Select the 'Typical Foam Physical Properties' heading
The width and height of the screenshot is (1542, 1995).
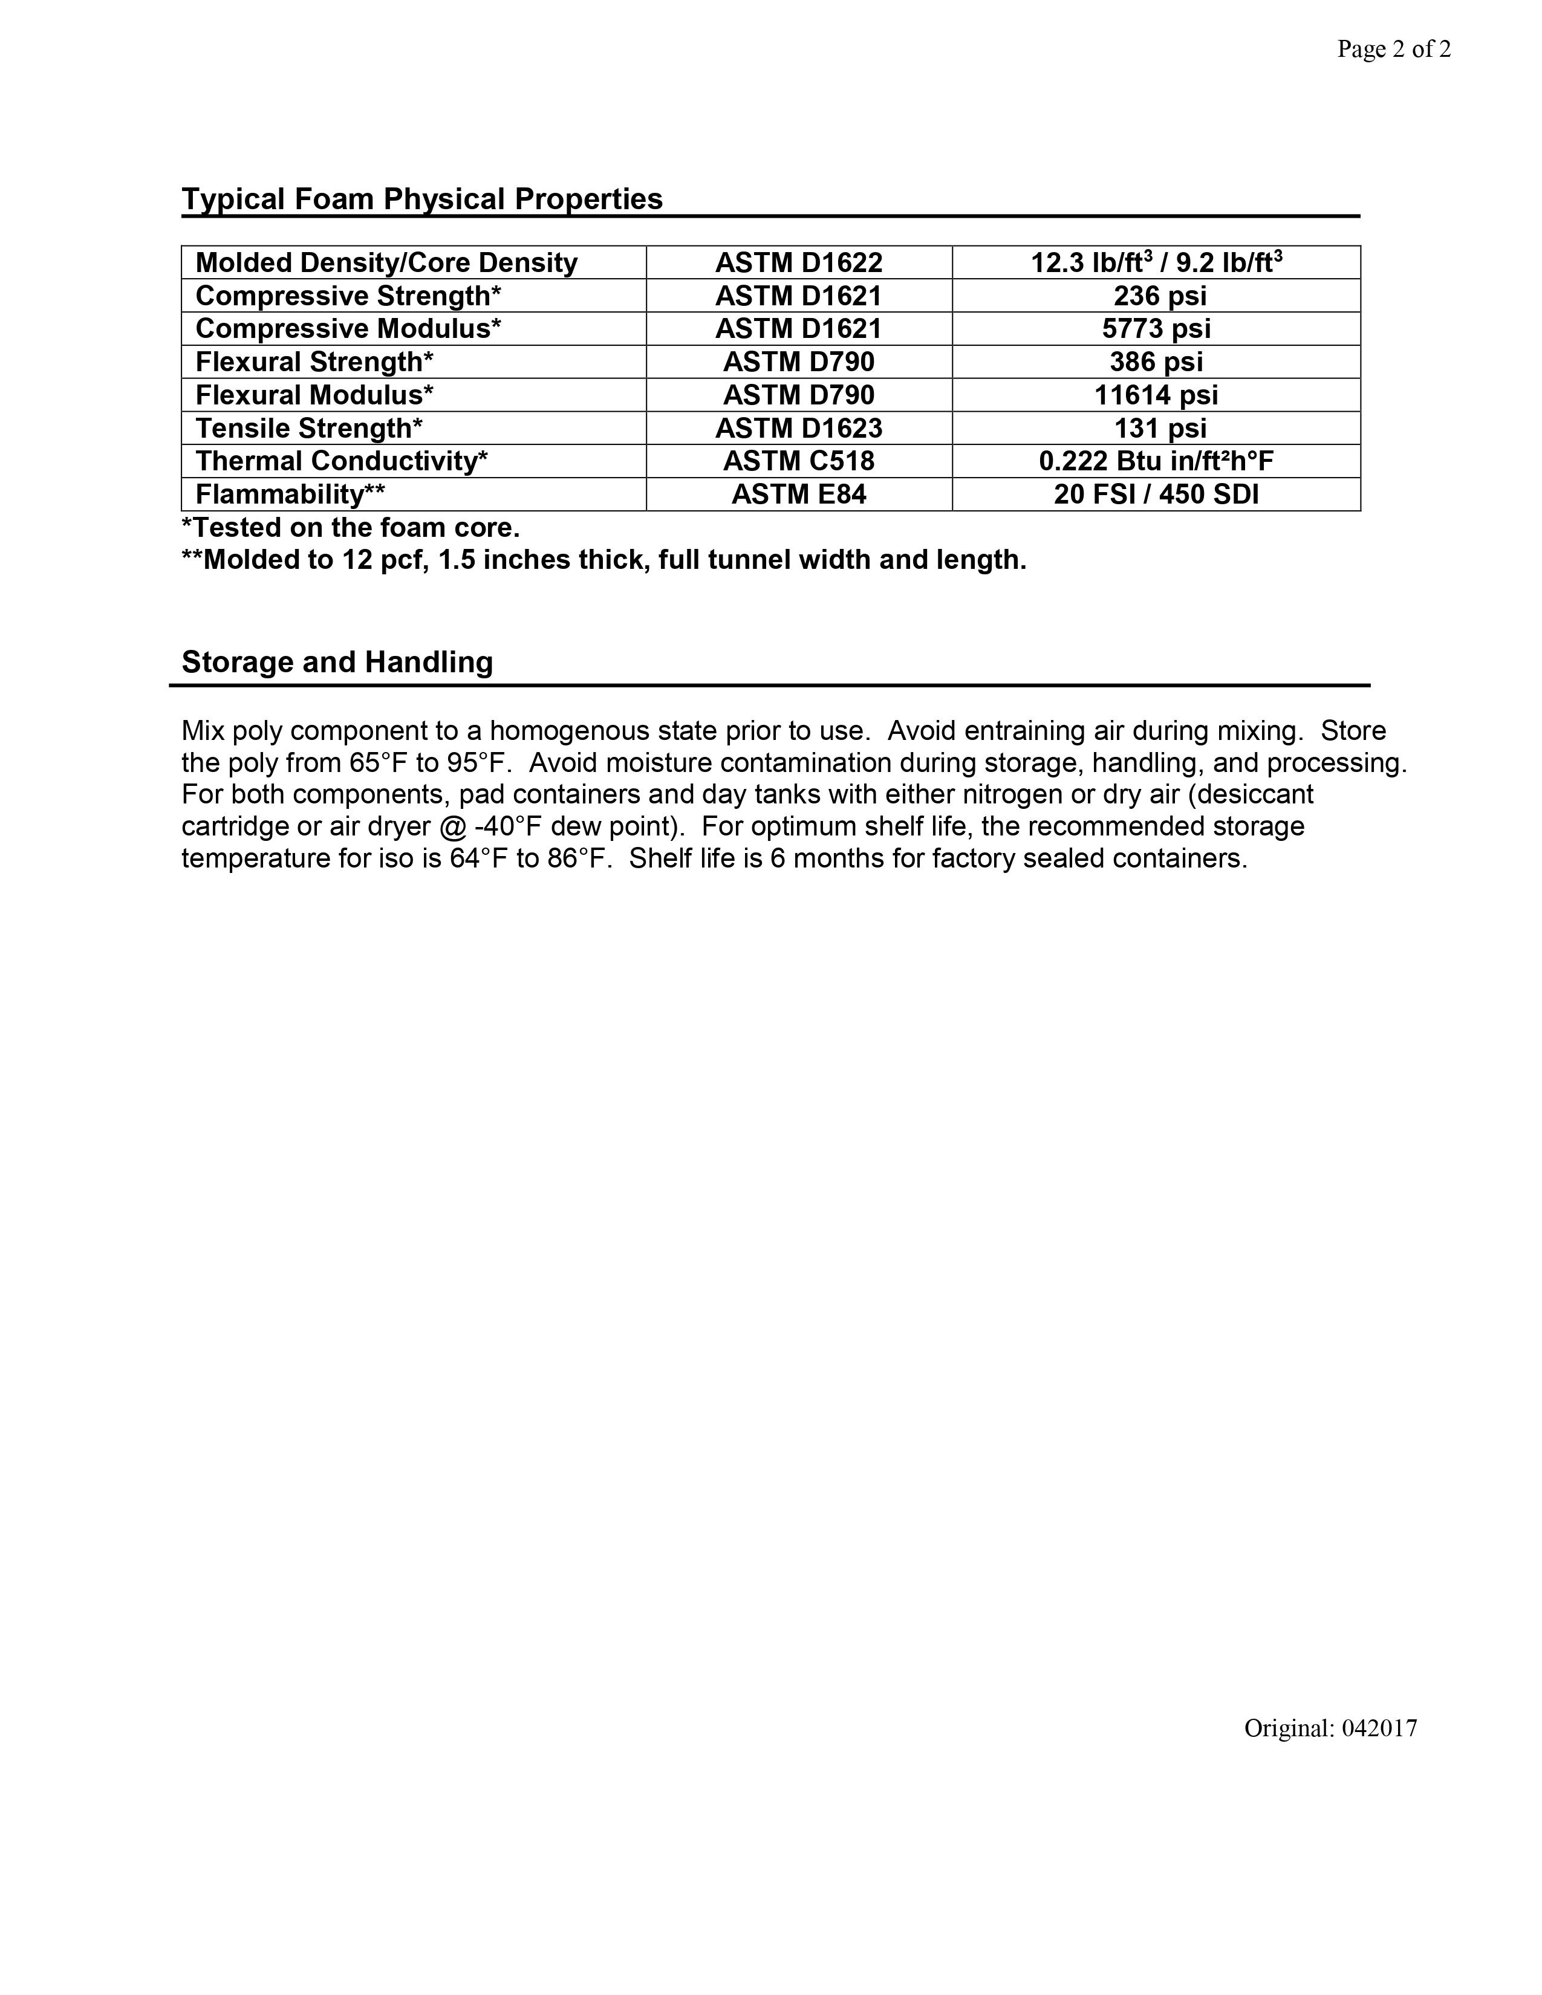point(422,199)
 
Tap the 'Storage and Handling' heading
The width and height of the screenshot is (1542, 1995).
point(337,662)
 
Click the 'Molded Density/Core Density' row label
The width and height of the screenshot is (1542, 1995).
point(386,263)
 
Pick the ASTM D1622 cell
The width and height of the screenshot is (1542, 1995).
point(798,263)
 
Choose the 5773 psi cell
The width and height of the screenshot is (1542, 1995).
point(1156,329)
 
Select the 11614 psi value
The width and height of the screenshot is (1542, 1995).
point(1156,395)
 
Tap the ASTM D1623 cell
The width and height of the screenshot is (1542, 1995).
point(798,429)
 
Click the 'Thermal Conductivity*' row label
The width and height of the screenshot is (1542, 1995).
point(342,461)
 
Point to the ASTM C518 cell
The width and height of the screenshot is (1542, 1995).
point(798,461)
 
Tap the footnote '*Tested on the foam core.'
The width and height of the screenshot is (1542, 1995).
point(351,528)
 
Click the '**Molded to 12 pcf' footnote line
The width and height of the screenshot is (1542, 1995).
point(604,560)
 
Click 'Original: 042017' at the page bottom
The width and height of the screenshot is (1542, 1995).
point(1330,1728)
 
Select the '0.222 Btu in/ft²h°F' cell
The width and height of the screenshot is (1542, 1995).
point(1156,461)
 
